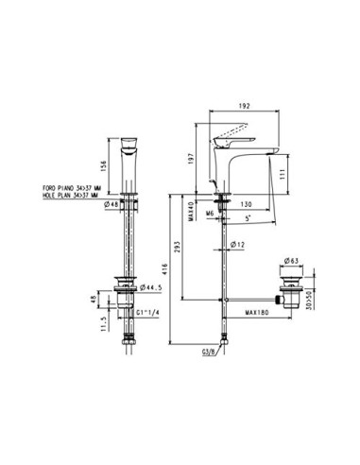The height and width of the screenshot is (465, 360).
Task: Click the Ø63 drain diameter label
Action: pyautogui.click(x=291, y=259)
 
